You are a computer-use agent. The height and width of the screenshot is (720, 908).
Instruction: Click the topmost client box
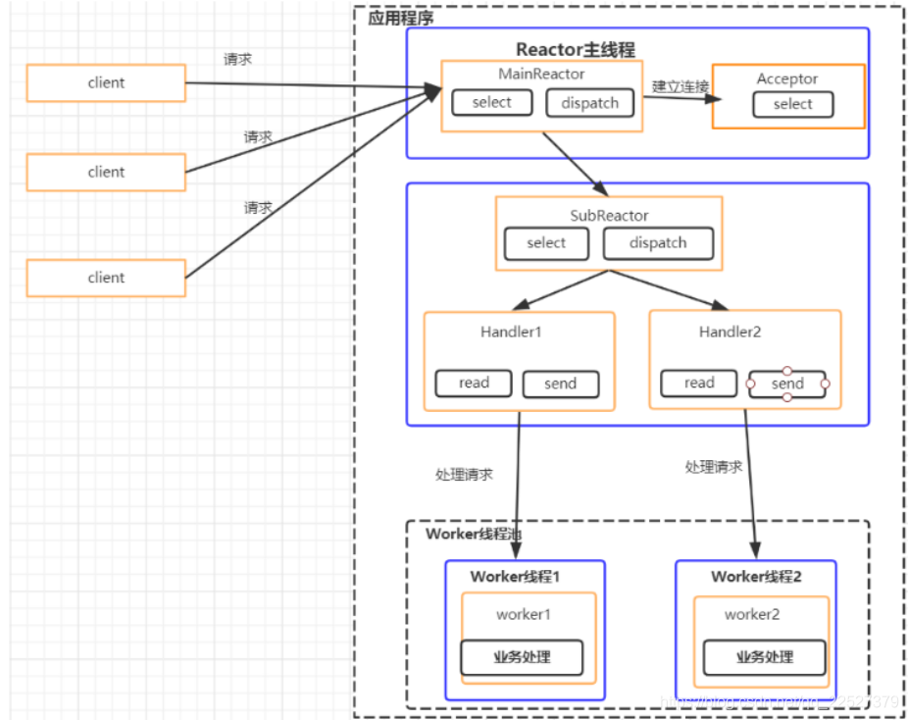(x=106, y=83)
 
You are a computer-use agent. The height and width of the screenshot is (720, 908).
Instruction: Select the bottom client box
(x=106, y=278)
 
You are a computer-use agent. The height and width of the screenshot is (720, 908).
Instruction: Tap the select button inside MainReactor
(x=491, y=103)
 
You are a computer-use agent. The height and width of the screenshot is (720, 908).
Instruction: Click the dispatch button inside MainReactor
(x=589, y=103)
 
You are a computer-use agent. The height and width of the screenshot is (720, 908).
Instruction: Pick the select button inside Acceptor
(x=792, y=105)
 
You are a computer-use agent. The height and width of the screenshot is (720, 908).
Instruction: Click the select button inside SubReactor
(x=546, y=243)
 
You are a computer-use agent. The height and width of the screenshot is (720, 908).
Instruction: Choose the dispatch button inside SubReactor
(x=658, y=243)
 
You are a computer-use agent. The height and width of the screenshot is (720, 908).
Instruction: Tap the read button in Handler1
(x=474, y=384)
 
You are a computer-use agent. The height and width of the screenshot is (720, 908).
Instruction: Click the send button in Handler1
(x=560, y=385)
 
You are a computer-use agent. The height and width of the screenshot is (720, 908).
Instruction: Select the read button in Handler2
(x=699, y=384)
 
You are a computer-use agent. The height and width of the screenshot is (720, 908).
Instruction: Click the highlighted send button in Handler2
(x=787, y=385)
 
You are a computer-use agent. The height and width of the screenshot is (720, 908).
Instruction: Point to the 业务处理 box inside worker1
(x=523, y=657)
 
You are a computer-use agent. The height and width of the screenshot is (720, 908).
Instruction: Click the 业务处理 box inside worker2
(x=764, y=657)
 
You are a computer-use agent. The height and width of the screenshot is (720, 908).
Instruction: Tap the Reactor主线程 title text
(x=576, y=50)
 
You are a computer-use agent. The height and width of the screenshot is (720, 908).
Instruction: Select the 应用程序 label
(x=400, y=18)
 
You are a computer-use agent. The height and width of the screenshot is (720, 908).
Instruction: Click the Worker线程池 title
(x=474, y=535)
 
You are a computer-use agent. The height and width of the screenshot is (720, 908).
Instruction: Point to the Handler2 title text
(x=730, y=333)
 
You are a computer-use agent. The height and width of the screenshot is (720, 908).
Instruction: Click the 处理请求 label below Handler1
(x=464, y=475)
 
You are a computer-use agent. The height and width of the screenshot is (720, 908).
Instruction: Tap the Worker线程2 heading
(x=756, y=577)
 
